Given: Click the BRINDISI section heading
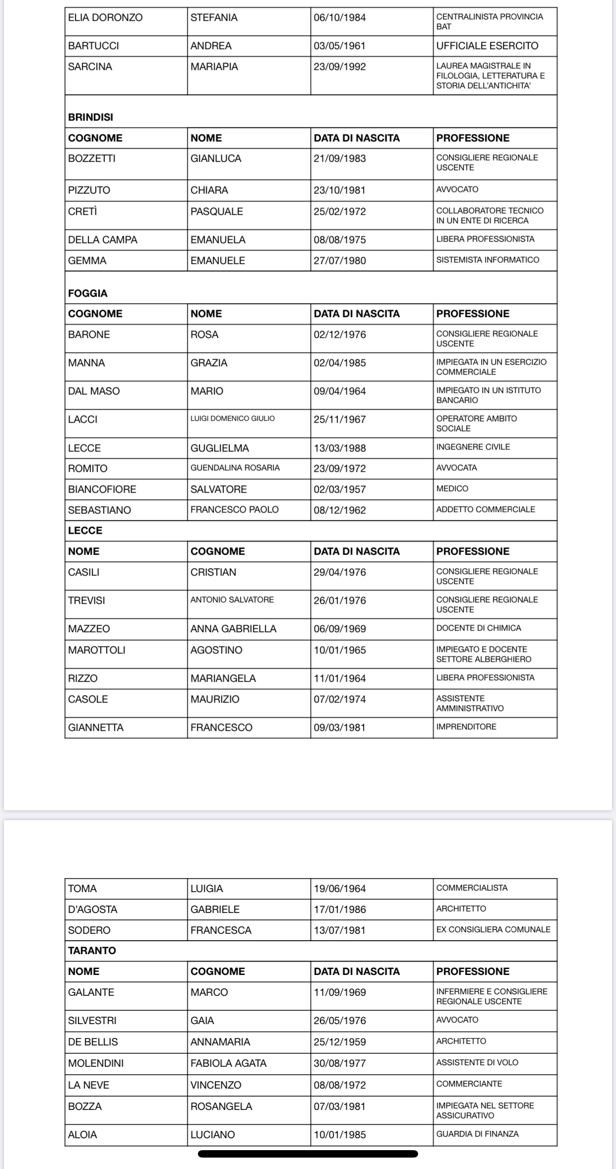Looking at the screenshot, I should click(91, 118).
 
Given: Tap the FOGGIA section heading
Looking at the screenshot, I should click(88, 293).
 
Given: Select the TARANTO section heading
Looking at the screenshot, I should click(92, 951).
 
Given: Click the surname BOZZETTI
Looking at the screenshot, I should click(92, 159).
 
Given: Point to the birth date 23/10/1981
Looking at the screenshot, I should click(340, 190).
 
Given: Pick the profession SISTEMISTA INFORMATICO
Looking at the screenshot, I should click(488, 260).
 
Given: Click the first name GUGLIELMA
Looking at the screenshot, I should click(220, 448).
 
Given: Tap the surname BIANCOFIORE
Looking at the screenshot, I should click(102, 489).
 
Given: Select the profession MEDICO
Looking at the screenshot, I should click(452, 489).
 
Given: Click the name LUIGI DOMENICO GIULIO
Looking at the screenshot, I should click(233, 419).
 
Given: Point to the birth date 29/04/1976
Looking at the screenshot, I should click(340, 572).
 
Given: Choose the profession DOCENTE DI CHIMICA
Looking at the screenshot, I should click(479, 628).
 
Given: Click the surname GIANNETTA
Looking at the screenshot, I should click(96, 727).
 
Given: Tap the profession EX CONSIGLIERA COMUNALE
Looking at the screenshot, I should click(493, 930).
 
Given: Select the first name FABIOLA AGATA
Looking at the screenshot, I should click(229, 1063).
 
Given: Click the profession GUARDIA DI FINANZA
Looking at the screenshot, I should click(478, 1134).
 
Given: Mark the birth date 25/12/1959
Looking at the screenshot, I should click(340, 1041).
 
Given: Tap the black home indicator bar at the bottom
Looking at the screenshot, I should click(308, 1154).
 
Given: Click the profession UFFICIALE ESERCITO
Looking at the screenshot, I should click(487, 46).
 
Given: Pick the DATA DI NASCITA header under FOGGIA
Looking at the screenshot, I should click(357, 314).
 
